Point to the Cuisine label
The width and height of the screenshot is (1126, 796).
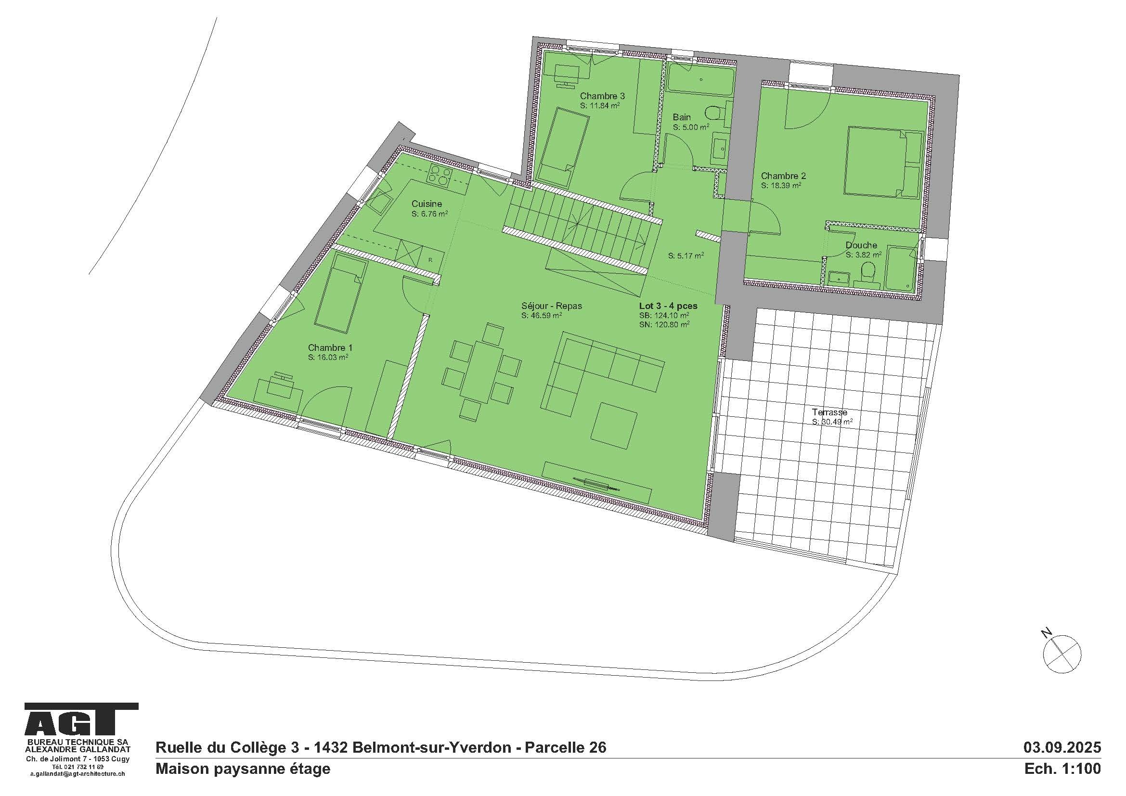tap(426, 204)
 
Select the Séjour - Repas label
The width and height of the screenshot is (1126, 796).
tap(551, 306)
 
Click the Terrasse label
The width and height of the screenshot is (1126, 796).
tap(829, 412)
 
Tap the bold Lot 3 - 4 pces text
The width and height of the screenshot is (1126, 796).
tap(668, 306)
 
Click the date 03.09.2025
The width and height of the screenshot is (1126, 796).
tap(1062, 747)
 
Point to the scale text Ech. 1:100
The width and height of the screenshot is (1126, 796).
tap(1062, 769)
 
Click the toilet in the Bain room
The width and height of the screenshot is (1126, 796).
tap(714, 113)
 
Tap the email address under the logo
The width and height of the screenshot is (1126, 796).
tap(78, 774)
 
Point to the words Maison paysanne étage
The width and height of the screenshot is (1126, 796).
tap(243, 769)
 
